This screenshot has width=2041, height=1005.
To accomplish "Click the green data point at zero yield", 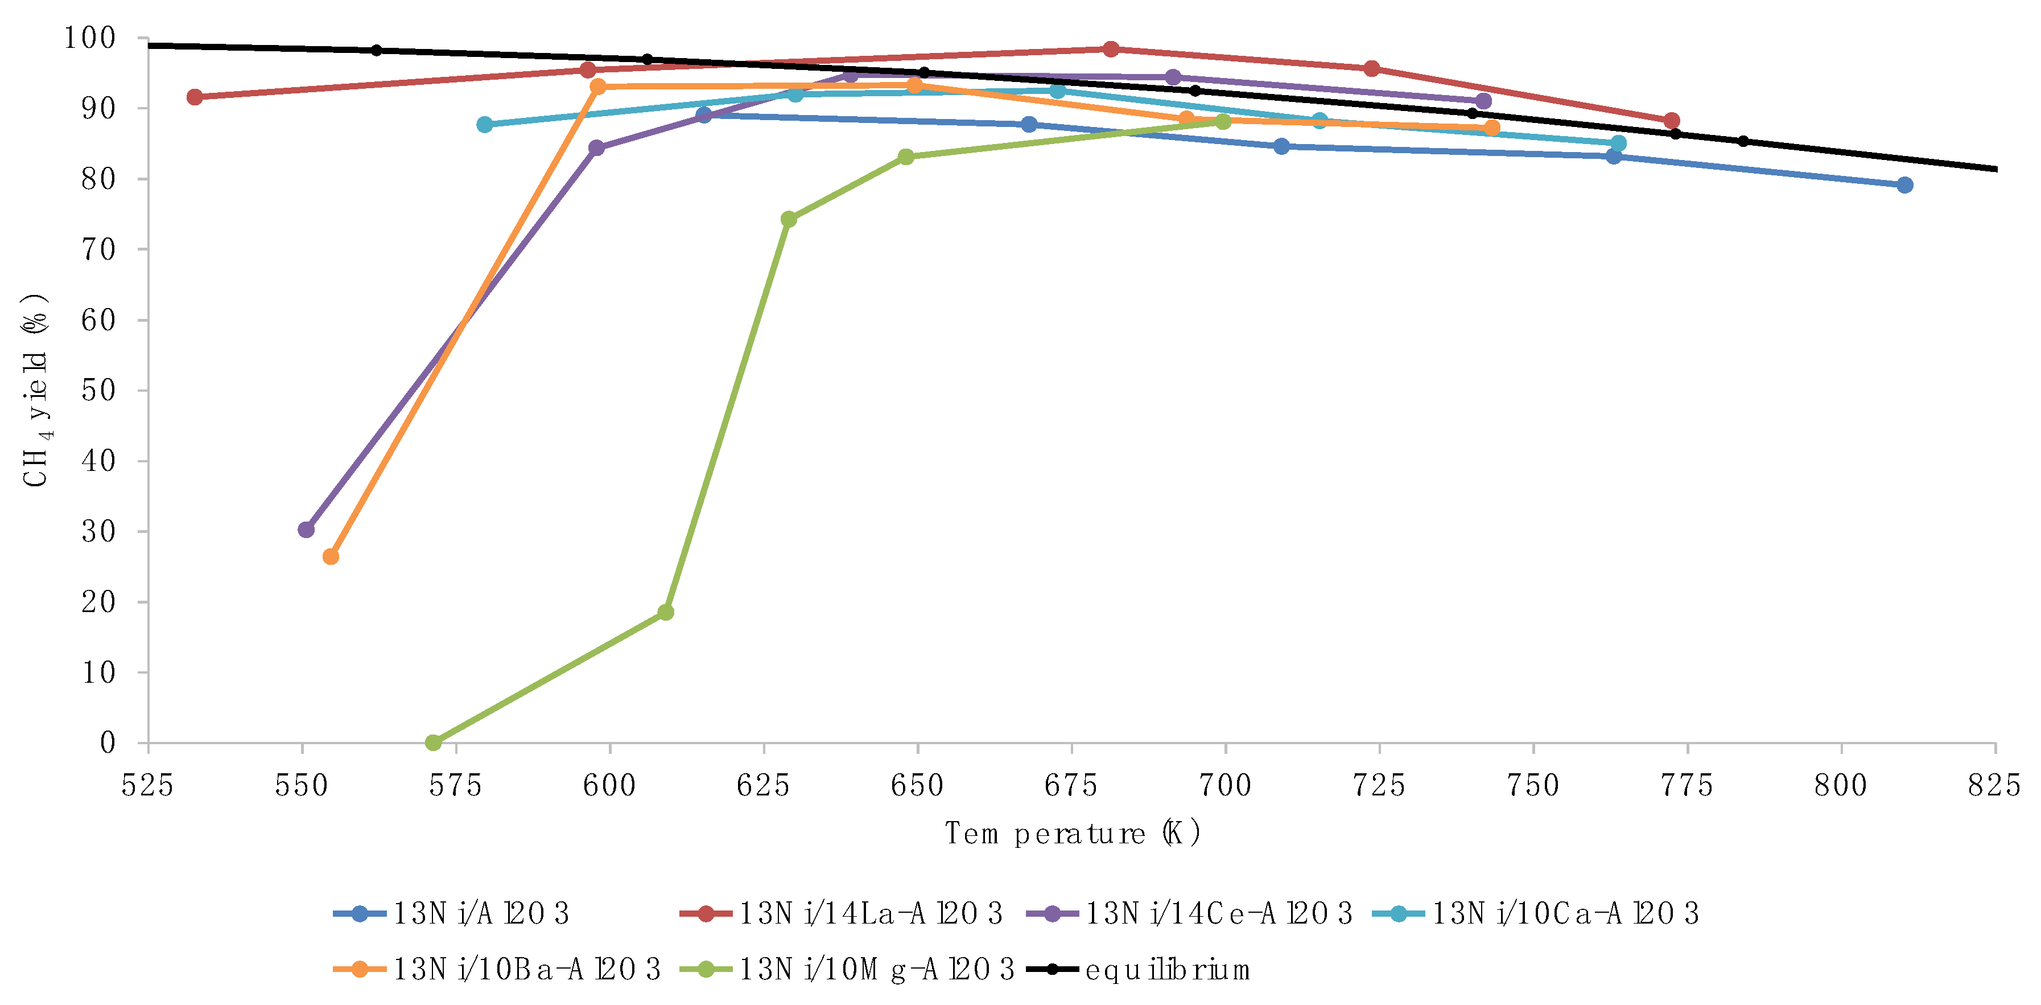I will coord(434,743).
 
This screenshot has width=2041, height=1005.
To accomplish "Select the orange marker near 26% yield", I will coord(331,557).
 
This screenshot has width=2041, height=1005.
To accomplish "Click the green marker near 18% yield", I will coord(666,612).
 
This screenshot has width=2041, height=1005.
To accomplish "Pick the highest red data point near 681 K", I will coord(1111,49).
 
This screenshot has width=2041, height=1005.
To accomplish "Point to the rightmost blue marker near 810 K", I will coord(1904,184).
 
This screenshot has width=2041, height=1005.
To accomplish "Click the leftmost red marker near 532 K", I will coord(195,97).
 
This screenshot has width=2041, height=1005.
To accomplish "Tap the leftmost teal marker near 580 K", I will coord(485,125).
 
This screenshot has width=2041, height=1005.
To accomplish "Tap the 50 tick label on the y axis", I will coord(98,390).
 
